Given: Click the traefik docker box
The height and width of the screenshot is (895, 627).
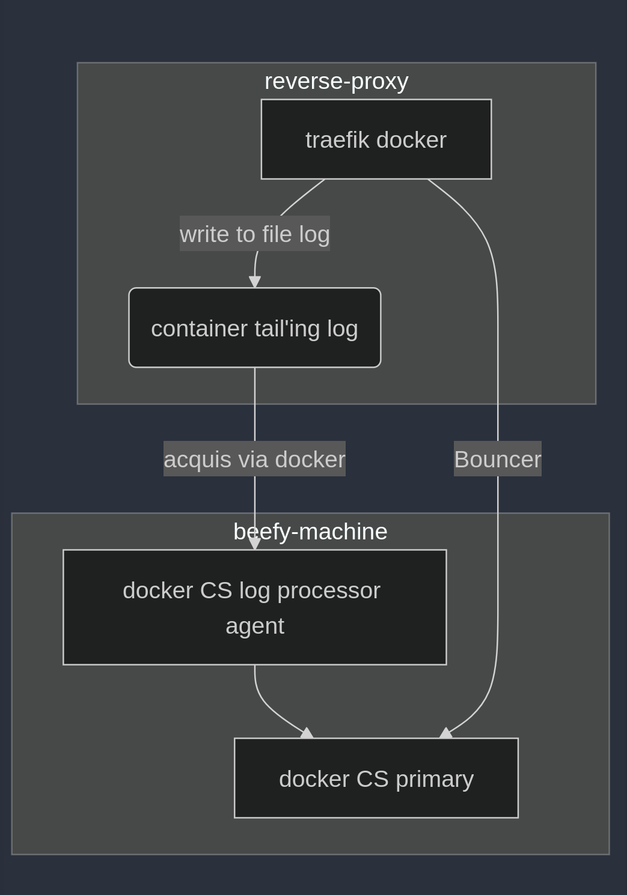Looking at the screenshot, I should click(376, 139).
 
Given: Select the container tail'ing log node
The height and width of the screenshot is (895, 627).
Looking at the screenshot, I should click(254, 328).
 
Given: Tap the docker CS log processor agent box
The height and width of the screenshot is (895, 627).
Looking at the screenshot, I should click(254, 607).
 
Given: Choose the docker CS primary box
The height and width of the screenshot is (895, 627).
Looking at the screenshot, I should click(376, 778).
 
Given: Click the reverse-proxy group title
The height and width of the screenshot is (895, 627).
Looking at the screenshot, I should click(336, 81).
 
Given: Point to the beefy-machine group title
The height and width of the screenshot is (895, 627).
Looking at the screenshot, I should click(310, 532).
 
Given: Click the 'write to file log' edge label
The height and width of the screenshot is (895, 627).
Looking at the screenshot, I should click(254, 234).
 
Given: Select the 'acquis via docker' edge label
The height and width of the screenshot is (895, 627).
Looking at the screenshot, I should click(254, 460).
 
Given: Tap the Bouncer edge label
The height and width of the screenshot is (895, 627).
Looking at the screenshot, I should click(497, 460).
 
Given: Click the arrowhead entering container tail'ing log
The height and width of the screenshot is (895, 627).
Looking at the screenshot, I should click(255, 282).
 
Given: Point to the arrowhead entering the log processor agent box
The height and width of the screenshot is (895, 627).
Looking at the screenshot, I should click(255, 544).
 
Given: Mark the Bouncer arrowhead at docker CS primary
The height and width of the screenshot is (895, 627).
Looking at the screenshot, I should click(446, 733).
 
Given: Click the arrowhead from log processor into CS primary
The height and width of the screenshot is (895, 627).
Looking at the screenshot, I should click(307, 733).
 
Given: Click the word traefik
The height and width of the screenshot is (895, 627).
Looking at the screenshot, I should click(337, 140).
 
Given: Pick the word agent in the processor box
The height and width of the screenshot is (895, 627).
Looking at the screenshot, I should click(255, 626).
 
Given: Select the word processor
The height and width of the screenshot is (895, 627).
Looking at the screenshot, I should click(329, 591).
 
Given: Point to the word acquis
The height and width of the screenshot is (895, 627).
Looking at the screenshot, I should click(197, 460).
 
